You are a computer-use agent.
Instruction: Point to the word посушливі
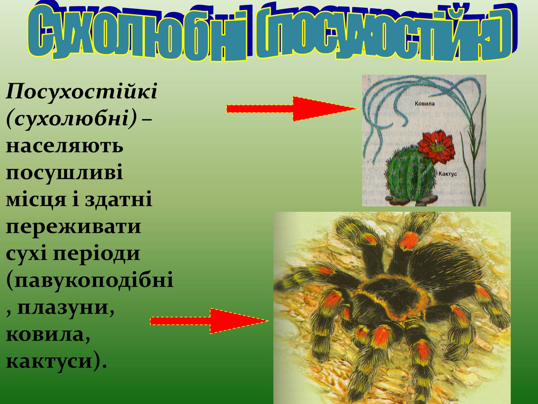65,173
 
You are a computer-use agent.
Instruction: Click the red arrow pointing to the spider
209,321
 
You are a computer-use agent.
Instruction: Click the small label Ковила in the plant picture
425,104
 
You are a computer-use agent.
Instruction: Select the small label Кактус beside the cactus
448,174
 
